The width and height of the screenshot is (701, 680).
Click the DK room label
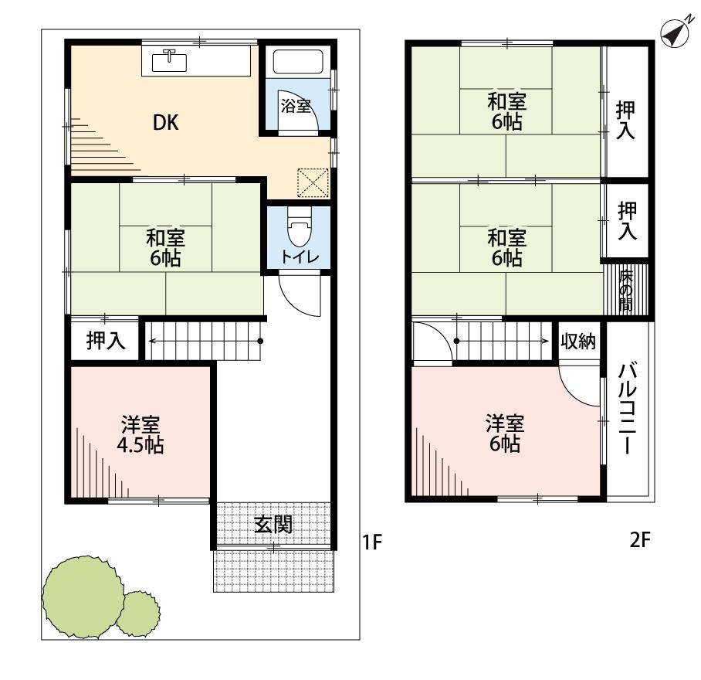pyautogui.click(x=166, y=123)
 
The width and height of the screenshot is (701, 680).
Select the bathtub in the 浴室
pyautogui.click(x=298, y=62)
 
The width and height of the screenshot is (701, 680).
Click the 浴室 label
pyautogui.click(x=296, y=106)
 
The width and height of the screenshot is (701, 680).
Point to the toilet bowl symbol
pyautogui.click(x=299, y=227)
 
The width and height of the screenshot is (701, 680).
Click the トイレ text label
pyautogui.click(x=300, y=257)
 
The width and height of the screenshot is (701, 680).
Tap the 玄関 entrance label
pyautogui.click(x=273, y=525)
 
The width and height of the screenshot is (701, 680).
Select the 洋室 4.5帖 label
pyautogui.click(x=141, y=435)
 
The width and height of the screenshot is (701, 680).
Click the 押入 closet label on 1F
pyautogui.click(x=106, y=341)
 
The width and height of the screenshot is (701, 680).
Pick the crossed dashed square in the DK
pyautogui.click(x=313, y=182)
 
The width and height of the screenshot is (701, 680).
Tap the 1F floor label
pyautogui.click(x=372, y=542)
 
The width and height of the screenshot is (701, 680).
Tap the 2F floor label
pyautogui.click(x=640, y=540)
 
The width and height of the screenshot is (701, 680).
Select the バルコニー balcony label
pyautogui.click(x=627, y=408)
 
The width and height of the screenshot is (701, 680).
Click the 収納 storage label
pyautogui.click(x=578, y=342)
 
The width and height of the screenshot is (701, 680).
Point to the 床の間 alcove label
pyautogui.click(x=626, y=291)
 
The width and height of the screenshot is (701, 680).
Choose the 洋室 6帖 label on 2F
pyautogui.click(x=505, y=433)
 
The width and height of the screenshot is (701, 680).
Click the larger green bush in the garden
pyautogui.click(x=83, y=597)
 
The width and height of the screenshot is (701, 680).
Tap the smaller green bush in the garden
pyautogui.click(x=138, y=614)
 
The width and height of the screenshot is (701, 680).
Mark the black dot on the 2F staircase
pyautogui.click(x=456, y=341)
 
